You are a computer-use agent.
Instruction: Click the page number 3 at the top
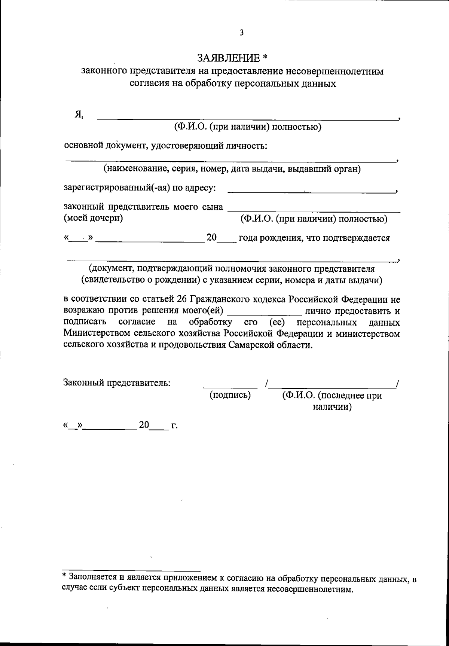pyautogui.click(x=242, y=33)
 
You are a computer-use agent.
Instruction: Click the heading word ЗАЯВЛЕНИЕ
pyautogui.click(x=229, y=58)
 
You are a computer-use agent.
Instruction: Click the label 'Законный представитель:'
pyautogui.click(x=117, y=383)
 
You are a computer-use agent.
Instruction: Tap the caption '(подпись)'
pyautogui.click(x=230, y=395)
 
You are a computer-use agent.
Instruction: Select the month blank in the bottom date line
pyautogui.click(x=110, y=428)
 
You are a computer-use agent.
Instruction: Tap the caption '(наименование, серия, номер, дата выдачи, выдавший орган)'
pyautogui.click(x=232, y=169)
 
